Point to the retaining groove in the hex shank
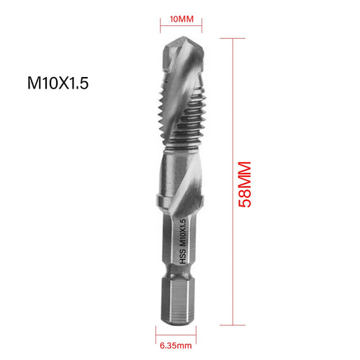180,288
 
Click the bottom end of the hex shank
180,317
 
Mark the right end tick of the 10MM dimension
202,30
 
